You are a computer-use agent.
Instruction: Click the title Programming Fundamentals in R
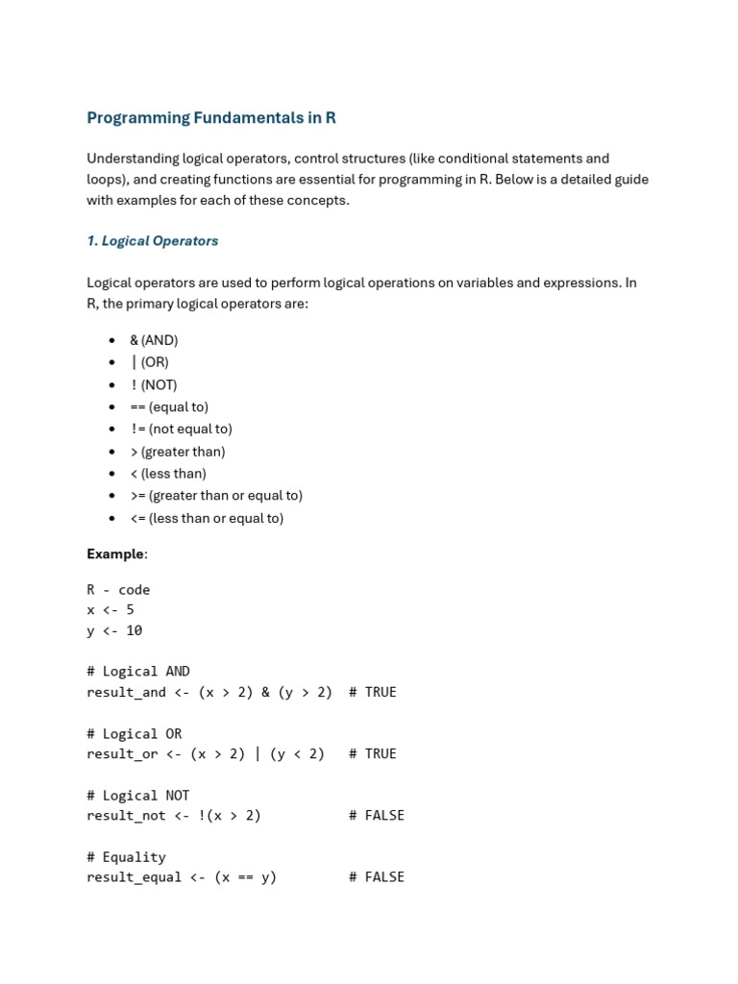coord(211,118)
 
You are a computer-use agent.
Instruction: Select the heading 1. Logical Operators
coord(153,241)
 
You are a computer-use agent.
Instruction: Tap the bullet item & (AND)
coord(154,340)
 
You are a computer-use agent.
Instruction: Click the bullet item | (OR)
coord(149,362)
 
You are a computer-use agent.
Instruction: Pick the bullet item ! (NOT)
coord(154,384)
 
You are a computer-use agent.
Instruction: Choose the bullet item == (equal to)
coord(169,406)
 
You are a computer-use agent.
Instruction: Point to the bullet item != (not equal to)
coord(181,429)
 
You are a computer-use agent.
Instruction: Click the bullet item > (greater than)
coord(178,452)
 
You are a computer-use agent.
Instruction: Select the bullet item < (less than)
coord(168,474)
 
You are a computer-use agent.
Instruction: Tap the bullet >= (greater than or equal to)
coord(216,496)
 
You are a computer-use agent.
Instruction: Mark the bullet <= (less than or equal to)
coord(207,518)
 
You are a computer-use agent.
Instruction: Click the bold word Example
coord(115,553)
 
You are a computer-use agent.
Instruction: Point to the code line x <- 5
coord(111,610)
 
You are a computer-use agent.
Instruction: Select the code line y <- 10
coord(114,631)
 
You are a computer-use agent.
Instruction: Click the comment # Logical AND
coord(138,672)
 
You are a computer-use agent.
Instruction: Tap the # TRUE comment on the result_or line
coord(373,753)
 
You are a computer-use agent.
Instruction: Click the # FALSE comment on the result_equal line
coord(377,877)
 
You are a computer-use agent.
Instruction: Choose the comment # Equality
coord(126,857)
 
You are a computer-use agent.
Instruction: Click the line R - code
coord(118,590)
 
